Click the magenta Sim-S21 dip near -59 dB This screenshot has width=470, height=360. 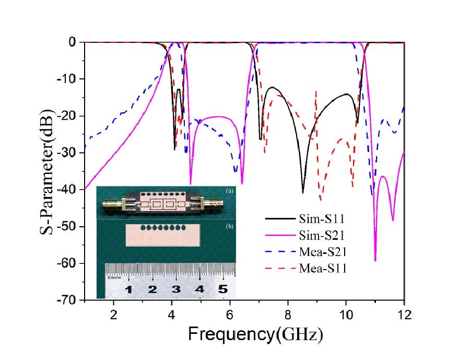[375, 260]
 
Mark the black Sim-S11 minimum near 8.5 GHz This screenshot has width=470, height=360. [303, 193]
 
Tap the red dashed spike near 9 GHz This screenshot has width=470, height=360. [316, 92]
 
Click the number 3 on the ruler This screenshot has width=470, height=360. [176, 289]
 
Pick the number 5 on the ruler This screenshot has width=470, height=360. [223, 289]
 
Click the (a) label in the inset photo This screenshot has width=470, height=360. [229, 192]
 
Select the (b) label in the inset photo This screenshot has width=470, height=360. [229, 225]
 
